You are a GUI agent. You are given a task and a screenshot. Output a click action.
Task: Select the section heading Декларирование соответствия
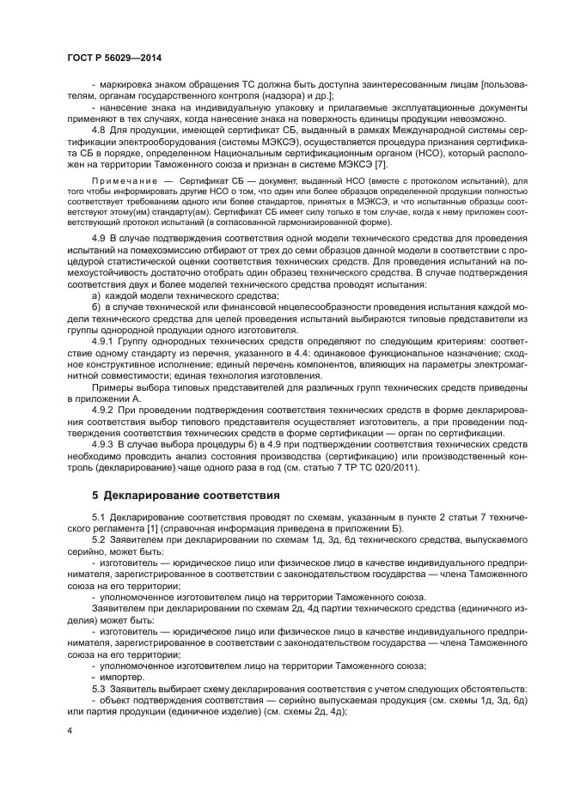[x=198, y=496]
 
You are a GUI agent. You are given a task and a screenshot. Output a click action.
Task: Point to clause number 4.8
[x=101, y=131]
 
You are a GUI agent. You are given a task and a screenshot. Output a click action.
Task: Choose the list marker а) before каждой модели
[x=96, y=295]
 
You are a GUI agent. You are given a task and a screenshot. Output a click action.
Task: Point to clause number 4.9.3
[x=106, y=445]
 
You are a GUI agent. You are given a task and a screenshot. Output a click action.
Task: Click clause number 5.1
[x=101, y=518]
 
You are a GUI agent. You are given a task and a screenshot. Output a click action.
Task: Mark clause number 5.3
[x=101, y=689]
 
